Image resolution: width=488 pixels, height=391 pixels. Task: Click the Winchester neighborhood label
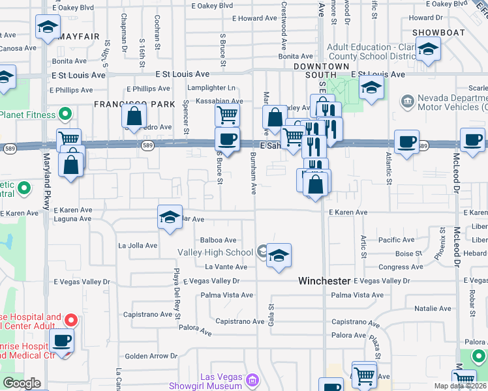click(324, 281)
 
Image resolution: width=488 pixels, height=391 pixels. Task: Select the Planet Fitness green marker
click(65, 115)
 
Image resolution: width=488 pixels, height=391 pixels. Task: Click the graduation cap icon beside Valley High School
click(279, 256)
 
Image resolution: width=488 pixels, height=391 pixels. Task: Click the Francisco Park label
click(135, 104)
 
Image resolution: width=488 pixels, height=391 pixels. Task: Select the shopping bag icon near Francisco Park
click(134, 117)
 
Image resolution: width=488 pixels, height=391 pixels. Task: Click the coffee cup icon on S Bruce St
click(227, 139)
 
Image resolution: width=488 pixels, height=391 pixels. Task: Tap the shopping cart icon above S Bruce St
click(227, 115)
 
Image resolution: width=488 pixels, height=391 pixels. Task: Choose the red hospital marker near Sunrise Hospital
click(71, 320)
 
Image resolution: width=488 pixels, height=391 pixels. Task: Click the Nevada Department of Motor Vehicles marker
click(407, 101)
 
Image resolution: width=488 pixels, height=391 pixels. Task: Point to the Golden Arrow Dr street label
click(151, 356)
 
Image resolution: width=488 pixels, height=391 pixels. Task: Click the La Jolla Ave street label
click(138, 246)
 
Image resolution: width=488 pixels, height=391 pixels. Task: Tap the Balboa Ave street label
click(213, 240)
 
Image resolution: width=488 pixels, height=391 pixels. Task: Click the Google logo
click(22, 383)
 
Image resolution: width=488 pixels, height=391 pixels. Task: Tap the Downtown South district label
click(321, 71)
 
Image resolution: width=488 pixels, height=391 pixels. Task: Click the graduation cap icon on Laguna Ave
click(170, 217)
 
